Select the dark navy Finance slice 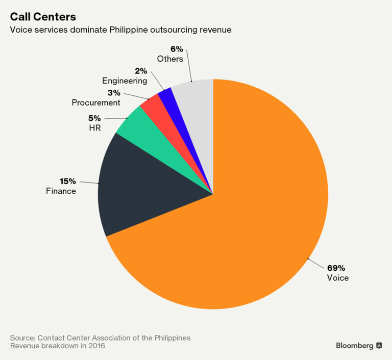143,184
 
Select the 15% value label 68,181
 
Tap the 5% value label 94,118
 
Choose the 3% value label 114,93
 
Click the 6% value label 177,49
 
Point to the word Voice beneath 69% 337,278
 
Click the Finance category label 61,191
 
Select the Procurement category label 96,102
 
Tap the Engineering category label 125,81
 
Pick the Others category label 170,59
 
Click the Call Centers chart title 43,17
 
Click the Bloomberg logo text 354,346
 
